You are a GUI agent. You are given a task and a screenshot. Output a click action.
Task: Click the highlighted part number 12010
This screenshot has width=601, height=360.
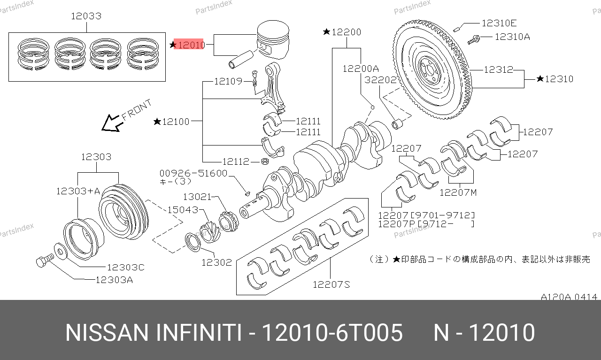191,45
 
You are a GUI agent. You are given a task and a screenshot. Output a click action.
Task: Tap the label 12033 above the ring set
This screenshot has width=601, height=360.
86,16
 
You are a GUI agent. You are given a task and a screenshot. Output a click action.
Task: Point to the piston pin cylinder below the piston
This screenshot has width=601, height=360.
241,59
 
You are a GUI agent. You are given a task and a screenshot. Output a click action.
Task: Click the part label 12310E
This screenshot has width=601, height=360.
499,23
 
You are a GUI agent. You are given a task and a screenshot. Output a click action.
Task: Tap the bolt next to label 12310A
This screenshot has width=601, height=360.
474,40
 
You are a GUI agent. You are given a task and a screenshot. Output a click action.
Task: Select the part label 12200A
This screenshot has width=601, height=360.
361,69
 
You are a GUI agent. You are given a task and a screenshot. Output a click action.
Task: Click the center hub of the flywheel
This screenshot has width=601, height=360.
430,70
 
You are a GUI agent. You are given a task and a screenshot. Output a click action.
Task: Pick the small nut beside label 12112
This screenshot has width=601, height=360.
265,161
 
